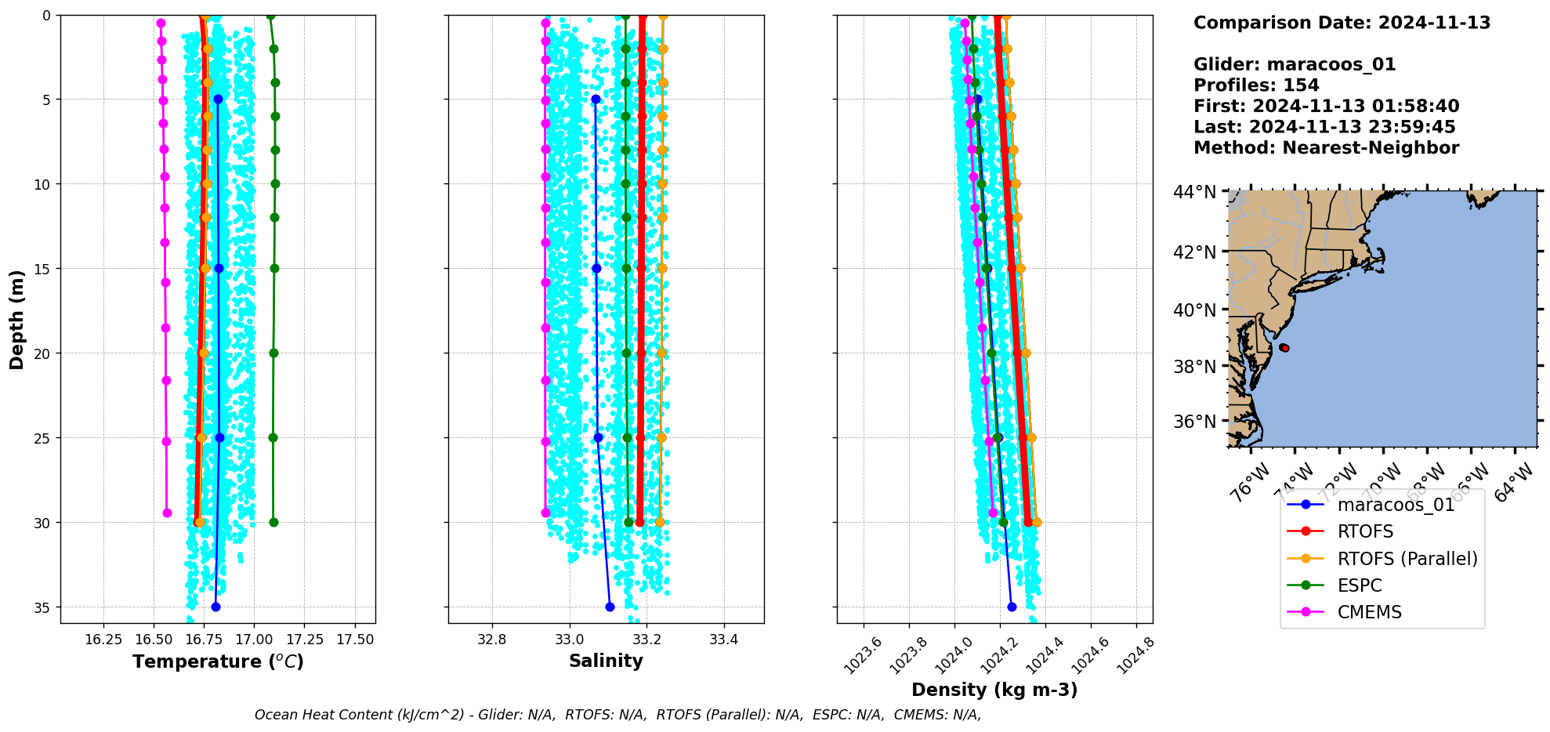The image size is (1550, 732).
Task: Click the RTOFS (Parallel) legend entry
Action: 1407,559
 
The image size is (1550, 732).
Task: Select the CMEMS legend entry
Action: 1369,612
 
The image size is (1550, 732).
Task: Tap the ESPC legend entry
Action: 1360,585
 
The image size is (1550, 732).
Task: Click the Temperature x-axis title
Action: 218,661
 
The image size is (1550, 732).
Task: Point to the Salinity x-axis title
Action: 606,661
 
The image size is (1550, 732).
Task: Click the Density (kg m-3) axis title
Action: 994,690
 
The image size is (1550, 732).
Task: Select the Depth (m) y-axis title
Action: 17,319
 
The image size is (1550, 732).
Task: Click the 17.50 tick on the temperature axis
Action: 355,640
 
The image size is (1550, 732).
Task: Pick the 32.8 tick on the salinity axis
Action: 492,640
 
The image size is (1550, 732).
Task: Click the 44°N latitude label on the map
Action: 1194,192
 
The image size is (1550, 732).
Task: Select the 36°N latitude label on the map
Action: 1194,422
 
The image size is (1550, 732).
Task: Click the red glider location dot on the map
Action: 1284,348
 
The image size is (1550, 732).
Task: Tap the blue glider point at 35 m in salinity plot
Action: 610,607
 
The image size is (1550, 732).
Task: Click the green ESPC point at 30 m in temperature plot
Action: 273,522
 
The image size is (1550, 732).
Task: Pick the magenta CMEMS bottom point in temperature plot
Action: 167,513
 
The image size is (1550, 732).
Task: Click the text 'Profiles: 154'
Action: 1255,85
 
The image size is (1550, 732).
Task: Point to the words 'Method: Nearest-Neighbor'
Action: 1326,148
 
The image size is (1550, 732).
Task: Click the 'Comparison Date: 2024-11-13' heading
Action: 1342,23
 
